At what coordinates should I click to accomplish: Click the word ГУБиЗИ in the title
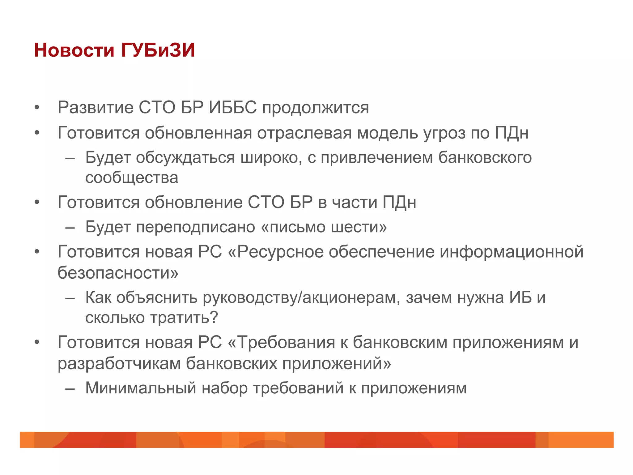[158, 50]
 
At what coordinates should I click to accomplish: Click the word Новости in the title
[74, 50]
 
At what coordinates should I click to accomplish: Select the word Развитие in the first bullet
[96, 108]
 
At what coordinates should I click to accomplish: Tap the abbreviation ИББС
[233, 108]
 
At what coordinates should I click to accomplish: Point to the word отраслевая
[304, 133]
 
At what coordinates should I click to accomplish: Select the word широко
[271, 158]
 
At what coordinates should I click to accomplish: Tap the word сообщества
[132, 178]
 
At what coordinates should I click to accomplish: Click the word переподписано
[196, 227]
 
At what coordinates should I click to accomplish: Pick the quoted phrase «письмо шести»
[324, 227]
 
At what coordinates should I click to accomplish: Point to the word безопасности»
[118, 273]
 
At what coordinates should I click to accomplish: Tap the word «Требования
[281, 343]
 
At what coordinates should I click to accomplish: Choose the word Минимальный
[141, 388]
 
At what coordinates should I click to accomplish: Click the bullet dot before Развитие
[37, 108]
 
